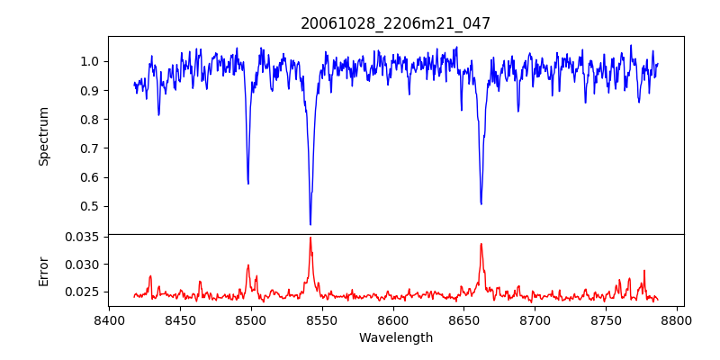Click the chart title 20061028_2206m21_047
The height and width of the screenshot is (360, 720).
[x=396, y=23]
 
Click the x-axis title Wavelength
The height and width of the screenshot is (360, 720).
[x=396, y=338]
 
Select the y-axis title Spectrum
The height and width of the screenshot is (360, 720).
[x=43, y=136]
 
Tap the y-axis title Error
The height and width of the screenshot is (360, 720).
[x=43, y=271]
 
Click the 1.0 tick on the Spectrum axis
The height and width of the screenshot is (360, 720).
[x=91, y=61]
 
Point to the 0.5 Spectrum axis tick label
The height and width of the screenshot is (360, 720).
[x=91, y=206]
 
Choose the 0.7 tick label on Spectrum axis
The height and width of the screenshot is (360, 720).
[x=91, y=148]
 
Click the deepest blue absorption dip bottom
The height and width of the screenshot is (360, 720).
[x=310, y=224]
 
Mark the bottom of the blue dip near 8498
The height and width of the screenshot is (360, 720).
[x=248, y=184]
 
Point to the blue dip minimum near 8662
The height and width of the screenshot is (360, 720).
[x=481, y=203]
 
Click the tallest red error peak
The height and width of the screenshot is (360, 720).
[x=310, y=238]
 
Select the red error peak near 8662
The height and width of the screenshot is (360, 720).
[x=481, y=244]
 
